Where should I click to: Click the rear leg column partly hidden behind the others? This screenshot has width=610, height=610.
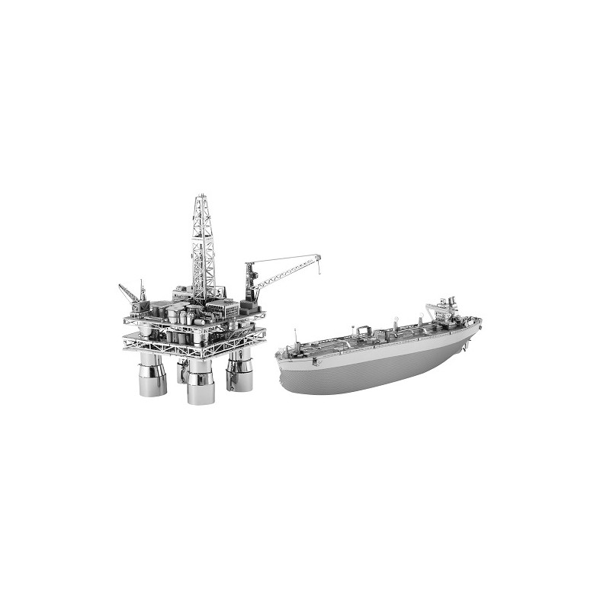tap(181, 371)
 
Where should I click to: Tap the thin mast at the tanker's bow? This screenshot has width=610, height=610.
tap(295, 335)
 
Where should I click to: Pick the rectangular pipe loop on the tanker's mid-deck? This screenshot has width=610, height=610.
tap(362, 329)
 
